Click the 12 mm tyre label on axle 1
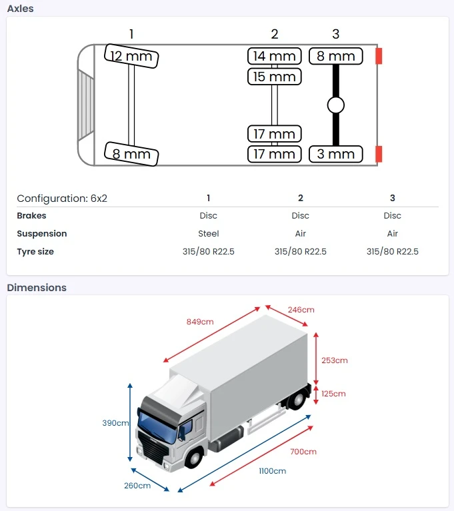[x=131, y=57]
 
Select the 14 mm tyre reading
[x=274, y=56]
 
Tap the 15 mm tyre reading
[x=274, y=77]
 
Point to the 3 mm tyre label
[x=336, y=154]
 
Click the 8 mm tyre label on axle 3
[x=336, y=56]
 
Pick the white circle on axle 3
[x=336, y=105]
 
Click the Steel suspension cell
[x=209, y=234]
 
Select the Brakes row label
[x=31, y=216]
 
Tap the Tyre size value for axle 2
[x=301, y=252]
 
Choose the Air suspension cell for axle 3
[x=393, y=234]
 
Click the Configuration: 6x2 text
[x=61, y=198]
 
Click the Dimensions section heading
[x=37, y=288]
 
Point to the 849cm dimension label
[x=200, y=322]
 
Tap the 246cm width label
[x=301, y=310]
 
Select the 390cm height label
[x=115, y=423]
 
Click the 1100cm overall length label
[x=272, y=471]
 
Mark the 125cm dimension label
[x=333, y=394]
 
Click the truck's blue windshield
[x=157, y=426]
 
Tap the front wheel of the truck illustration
[x=195, y=458]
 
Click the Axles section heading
[x=20, y=9]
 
